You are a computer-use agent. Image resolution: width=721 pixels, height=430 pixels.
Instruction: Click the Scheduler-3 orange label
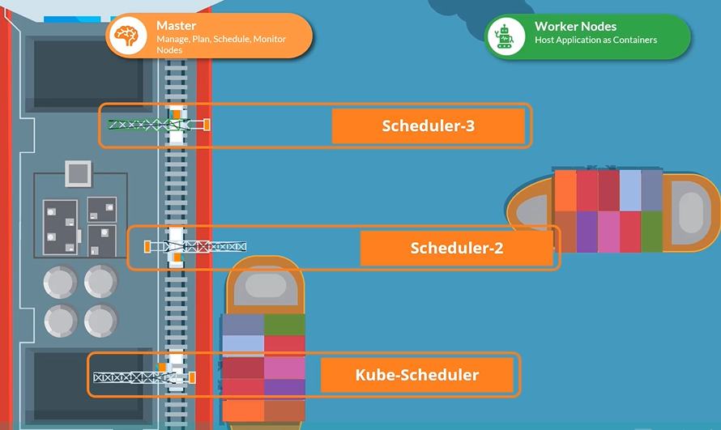(x=428, y=126)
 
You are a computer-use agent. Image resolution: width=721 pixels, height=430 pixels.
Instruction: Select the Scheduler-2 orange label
(x=456, y=248)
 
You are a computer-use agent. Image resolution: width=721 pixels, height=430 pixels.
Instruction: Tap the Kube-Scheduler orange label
(x=416, y=375)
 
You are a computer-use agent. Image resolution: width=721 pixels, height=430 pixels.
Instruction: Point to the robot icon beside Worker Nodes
(x=505, y=36)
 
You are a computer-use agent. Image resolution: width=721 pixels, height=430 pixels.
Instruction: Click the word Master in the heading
(x=176, y=26)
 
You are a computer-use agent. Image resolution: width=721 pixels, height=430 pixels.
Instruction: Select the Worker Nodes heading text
(x=575, y=27)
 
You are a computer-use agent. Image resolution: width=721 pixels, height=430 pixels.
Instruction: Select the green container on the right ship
(x=652, y=232)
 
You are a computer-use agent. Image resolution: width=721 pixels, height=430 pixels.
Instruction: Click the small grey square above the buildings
(x=78, y=172)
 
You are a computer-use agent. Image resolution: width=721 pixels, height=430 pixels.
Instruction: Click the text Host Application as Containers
(x=595, y=40)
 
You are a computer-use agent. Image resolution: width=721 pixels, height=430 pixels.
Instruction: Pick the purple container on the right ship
(x=587, y=232)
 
